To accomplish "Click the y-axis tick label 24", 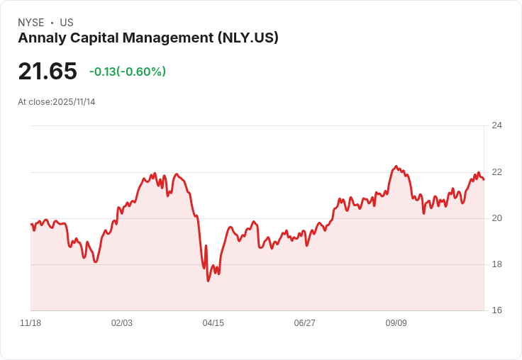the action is [496, 125].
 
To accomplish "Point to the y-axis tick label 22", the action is [496, 172].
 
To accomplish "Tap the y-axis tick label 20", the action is [496, 218].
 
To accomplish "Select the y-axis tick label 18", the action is [496, 264].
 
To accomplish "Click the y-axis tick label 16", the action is [496, 310].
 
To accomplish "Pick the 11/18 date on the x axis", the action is [30, 323].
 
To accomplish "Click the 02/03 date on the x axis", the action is [122, 323].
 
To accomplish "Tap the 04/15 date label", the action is [213, 323].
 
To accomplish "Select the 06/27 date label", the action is [304, 323].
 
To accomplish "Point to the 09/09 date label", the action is [396, 323].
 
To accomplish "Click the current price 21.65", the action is [48, 71].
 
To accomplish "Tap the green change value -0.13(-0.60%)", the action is [128, 72].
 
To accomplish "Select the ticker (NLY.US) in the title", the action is [248, 38].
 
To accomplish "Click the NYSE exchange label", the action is [31, 23].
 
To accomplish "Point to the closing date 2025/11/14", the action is [74, 102].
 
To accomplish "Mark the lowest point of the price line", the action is [209, 281].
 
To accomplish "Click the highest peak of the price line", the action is [396, 166].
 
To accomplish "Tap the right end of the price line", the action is [484, 180].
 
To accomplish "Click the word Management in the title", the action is [168, 38].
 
